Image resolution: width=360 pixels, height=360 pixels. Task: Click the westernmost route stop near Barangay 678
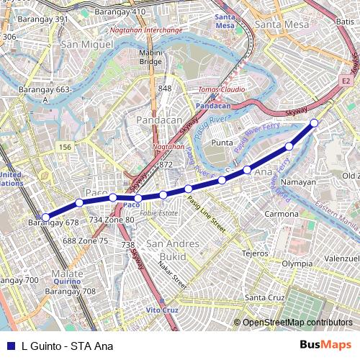[45, 217]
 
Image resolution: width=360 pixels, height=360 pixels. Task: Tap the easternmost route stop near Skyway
[315, 123]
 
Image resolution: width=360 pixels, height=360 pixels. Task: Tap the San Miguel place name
[87, 45]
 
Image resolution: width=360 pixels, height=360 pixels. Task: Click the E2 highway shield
[346, 81]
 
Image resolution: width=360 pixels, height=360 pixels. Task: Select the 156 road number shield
[66, 147]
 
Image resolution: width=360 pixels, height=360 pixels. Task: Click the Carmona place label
[281, 214]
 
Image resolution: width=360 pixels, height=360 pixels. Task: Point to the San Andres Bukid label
[172, 250]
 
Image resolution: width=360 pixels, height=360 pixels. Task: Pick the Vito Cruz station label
[162, 310]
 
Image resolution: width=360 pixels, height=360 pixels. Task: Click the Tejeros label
[255, 253]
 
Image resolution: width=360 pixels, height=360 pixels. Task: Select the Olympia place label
[297, 264]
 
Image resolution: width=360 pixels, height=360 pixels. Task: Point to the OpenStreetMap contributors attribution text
[297, 323]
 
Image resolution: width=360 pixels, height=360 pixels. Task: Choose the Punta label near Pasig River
[223, 143]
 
